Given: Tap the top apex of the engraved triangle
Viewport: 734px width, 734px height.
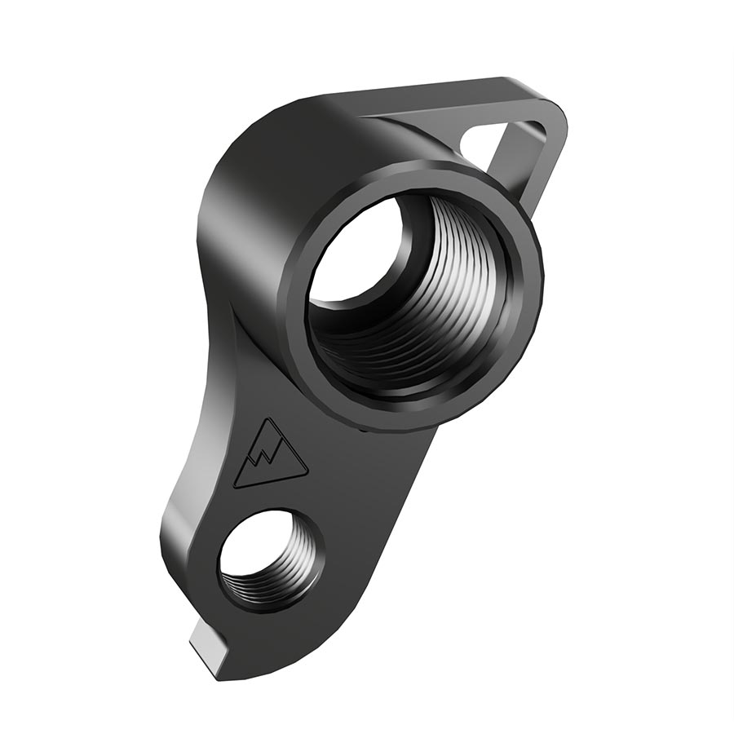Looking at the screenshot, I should click(267, 422).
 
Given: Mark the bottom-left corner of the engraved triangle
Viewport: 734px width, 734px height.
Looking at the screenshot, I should click(236, 486).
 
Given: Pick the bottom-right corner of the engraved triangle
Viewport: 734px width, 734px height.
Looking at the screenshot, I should click(306, 472).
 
